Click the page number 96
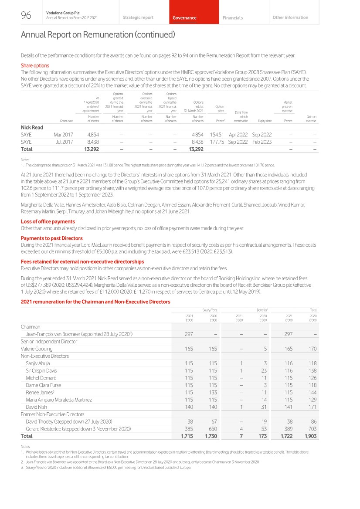click(26, 16)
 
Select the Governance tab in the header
click(184, 18)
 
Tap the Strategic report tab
click(138, 17)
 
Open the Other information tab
click(290, 17)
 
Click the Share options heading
click(35, 66)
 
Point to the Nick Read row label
click(32, 127)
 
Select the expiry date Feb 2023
click(262, 142)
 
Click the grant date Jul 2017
click(64, 142)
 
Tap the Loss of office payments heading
click(48, 221)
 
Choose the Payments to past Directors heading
click(51, 238)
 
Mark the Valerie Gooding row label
click(37, 349)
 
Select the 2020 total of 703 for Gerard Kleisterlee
click(312, 429)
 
